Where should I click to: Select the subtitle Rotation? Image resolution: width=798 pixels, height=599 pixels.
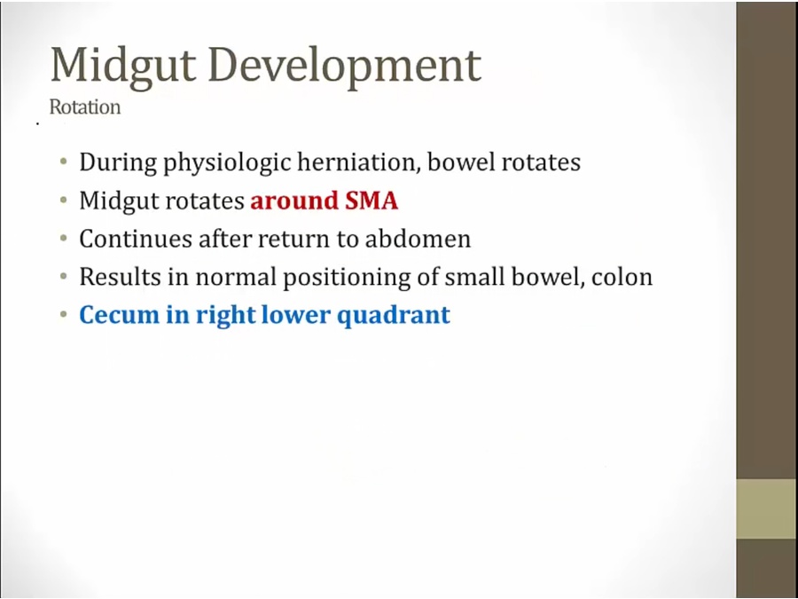coord(85,107)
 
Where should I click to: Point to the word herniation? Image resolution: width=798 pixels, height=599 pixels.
coord(359,162)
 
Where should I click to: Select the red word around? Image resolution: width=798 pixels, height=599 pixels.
coord(294,201)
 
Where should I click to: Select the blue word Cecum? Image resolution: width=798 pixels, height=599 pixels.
coord(119,315)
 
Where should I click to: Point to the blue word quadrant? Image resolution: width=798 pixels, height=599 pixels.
coord(394,316)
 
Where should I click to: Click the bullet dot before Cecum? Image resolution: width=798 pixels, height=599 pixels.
coord(63,314)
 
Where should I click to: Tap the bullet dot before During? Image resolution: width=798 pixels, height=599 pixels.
coord(63,162)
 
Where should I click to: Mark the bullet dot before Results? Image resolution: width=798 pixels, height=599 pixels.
coord(63,276)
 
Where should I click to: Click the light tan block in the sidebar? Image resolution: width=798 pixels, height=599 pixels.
coord(767,508)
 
